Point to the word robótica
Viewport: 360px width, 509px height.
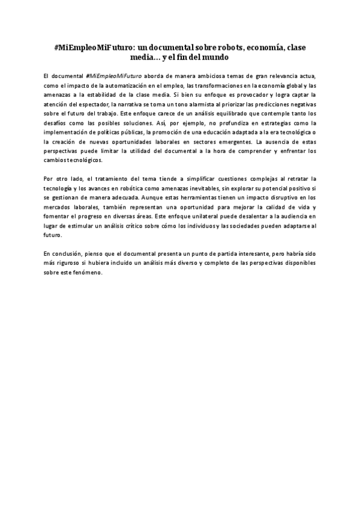(129, 187)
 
